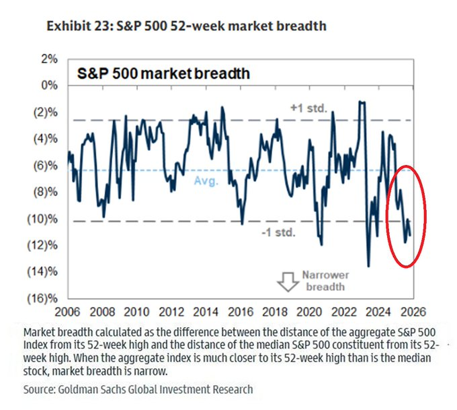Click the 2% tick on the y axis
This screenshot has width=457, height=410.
click(48, 59)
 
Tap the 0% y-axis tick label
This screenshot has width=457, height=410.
click(48, 86)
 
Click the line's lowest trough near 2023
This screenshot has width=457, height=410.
click(368, 266)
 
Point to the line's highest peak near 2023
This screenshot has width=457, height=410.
click(362, 102)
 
